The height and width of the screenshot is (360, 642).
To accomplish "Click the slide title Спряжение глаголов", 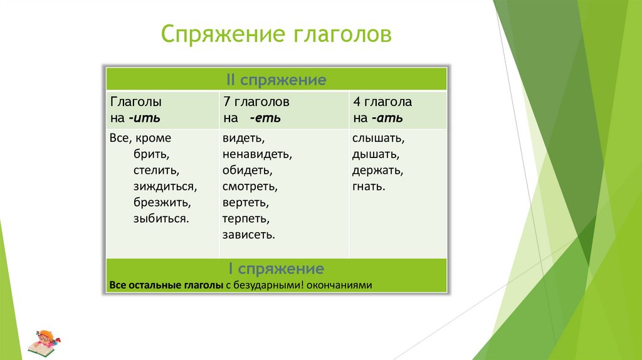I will click(x=276, y=34).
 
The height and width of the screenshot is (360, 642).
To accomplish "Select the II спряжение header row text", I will click(x=276, y=80).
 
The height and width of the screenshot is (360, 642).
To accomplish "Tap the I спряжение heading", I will click(x=276, y=270).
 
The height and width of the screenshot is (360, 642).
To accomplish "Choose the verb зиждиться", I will click(x=165, y=186).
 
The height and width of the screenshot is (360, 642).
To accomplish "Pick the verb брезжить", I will click(x=162, y=203).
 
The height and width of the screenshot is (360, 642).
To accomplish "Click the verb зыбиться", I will click(x=160, y=219).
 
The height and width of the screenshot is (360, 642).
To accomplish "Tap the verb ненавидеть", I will click(x=257, y=154).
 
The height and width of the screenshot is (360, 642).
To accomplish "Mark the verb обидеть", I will click(x=246, y=170).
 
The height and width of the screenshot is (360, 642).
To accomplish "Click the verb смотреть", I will click(x=249, y=186).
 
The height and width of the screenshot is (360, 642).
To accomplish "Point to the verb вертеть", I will click(x=245, y=203).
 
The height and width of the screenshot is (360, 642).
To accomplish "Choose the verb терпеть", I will click(x=245, y=219).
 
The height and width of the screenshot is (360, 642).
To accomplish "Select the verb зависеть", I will click(x=248, y=235).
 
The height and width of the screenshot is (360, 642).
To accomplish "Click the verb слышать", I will click(x=378, y=137).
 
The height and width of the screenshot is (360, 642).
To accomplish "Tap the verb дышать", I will click(x=376, y=154).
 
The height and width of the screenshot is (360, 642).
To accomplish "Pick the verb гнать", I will click(x=369, y=186).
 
